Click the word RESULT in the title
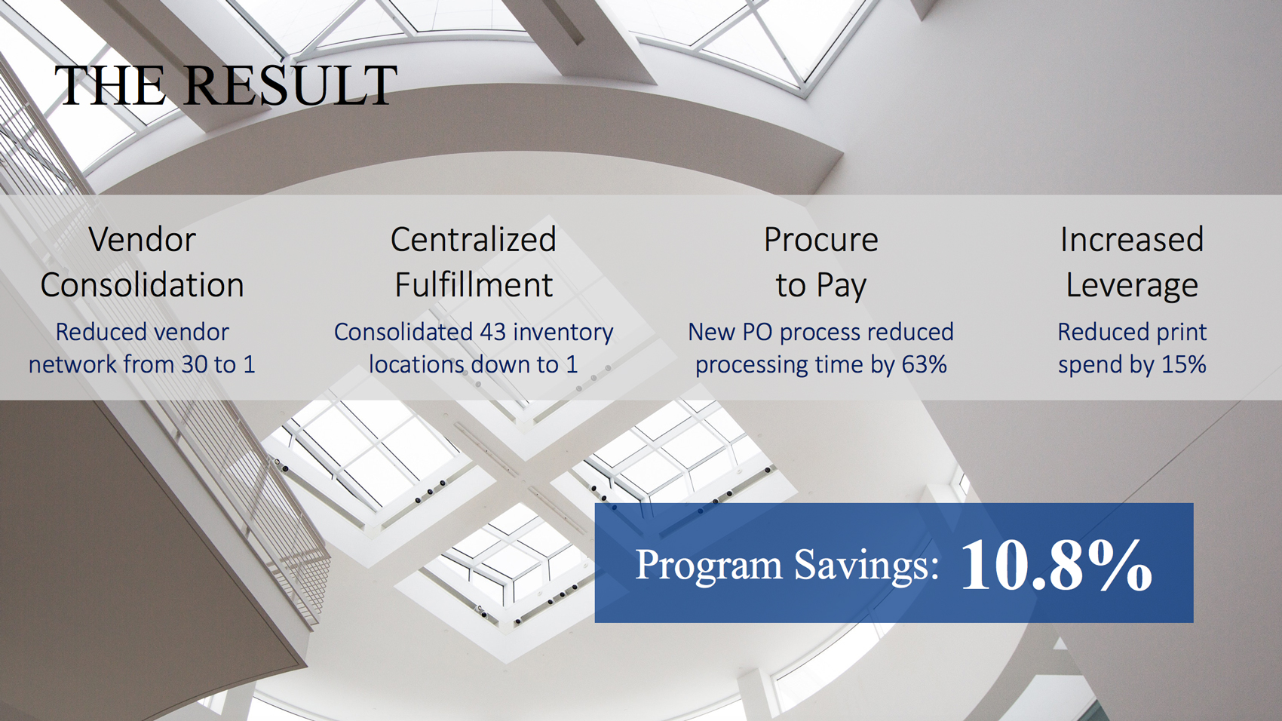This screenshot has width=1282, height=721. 290,86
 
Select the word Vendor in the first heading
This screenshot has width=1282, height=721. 142,239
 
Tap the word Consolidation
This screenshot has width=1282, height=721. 142,284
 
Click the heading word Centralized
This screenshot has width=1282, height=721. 474,239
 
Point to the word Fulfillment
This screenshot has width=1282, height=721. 474,284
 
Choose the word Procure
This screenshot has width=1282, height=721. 820,239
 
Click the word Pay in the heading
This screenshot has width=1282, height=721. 842,286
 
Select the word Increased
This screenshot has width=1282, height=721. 1131,239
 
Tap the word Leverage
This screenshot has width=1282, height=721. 1131,286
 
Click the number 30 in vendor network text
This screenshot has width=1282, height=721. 195,364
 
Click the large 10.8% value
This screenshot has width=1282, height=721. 1056,565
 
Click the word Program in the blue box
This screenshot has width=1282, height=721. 709,566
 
